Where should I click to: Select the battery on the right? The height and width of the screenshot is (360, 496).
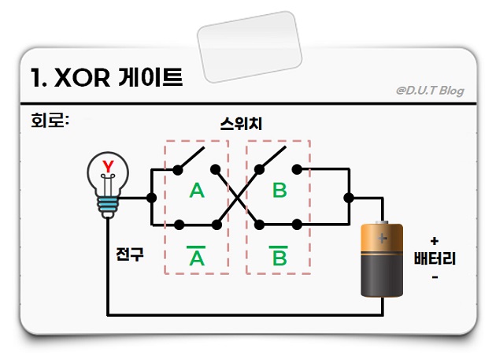coord(381,259)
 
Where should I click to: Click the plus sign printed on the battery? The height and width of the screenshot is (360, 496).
coord(383,236)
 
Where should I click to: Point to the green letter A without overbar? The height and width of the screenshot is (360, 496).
coord(197,191)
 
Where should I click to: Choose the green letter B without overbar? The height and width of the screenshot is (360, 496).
coord(279,191)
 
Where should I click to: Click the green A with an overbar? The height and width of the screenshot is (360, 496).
coord(196,256)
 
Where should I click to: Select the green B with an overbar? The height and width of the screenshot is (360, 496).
coord(279,256)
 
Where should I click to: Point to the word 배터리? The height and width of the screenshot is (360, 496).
coord(435,260)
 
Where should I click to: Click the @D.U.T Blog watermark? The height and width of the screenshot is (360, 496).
coord(430,91)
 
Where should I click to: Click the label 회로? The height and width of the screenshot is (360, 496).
coord(47,123)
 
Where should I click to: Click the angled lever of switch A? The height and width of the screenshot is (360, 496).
coord(189,158)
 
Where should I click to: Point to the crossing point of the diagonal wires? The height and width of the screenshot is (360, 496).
coord(238,195)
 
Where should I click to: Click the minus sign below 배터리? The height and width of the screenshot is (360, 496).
coord(435,278)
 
